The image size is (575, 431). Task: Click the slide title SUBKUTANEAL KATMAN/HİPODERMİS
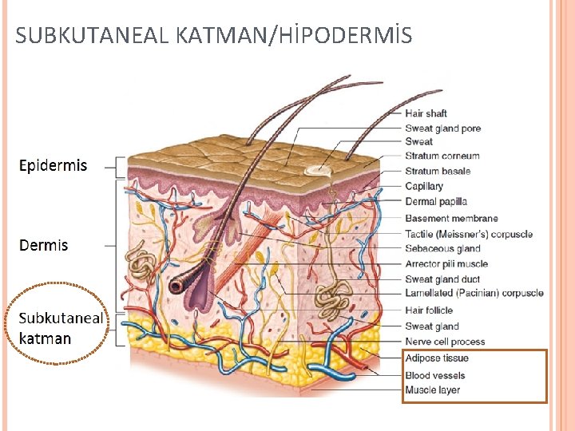tap(214, 35)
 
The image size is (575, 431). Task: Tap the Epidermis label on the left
tap(54, 166)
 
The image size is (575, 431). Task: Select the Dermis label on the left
tap(44, 245)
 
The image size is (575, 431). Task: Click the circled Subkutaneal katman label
tap(60, 328)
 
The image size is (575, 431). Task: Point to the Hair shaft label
tap(426, 113)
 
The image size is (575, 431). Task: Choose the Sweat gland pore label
tap(442, 129)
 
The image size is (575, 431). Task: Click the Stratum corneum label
tap(442, 156)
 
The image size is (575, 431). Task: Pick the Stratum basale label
tap(438, 171)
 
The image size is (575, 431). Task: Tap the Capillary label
tap(423, 187)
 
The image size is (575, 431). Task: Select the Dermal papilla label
tap(436, 202)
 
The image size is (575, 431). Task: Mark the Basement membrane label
tap(451, 218)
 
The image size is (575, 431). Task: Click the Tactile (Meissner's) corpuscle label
tap(468, 234)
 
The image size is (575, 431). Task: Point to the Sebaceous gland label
tap(442, 249)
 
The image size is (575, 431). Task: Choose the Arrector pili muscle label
tap(446, 264)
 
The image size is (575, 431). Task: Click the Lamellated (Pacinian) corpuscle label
tap(474, 294)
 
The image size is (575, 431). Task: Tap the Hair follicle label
tap(429, 310)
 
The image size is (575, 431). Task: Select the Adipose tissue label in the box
tap(436, 358)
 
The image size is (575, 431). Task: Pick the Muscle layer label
tap(432, 390)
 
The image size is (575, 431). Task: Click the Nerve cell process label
tap(445, 342)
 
